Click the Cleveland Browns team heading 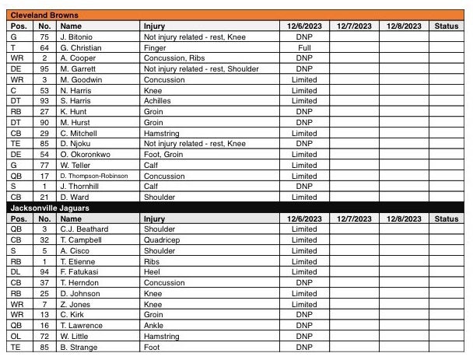pos(45,16)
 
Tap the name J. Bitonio pos(78,37)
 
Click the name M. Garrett pos(79,68)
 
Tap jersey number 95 pos(44,68)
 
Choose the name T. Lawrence pos(81,326)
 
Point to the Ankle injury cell pos(154,326)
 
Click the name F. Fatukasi pos(79,272)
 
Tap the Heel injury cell pos(152,272)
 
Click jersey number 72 pos(44,337)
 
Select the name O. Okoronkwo pos(85,155)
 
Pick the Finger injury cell pos(155,47)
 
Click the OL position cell pos(16,337)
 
